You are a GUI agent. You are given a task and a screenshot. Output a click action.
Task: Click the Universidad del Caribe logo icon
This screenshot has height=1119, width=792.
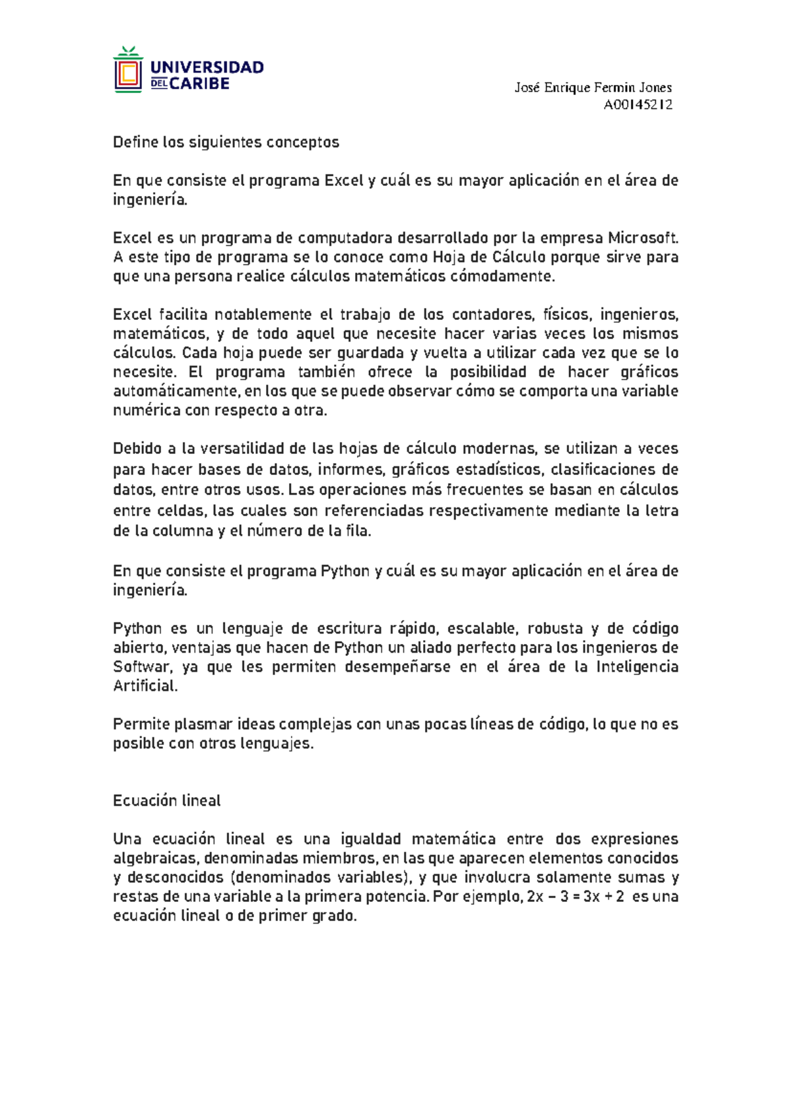(128, 71)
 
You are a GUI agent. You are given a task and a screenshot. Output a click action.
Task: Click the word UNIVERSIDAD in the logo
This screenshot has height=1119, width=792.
(207, 67)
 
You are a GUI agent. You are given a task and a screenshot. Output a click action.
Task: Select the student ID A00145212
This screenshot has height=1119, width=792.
(638, 104)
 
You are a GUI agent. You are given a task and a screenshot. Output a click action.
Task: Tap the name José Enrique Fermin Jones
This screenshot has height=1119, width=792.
(593, 87)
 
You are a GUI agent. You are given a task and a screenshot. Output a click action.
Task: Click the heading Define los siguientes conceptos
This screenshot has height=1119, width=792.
(226, 142)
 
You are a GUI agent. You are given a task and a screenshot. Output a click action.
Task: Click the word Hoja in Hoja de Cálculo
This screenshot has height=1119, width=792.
(449, 257)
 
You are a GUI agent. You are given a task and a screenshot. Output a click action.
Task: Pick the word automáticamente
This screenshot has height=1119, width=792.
(176, 391)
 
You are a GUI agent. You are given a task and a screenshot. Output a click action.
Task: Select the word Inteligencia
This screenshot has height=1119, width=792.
(637, 666)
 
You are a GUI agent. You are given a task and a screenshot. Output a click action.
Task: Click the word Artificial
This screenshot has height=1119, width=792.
(145, 686)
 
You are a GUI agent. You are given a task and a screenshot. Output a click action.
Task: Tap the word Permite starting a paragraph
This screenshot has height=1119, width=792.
(141, 724)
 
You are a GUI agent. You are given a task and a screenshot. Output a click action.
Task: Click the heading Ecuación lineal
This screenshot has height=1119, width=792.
(166, 800)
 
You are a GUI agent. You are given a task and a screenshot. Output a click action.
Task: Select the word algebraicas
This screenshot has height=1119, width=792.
(155, 858)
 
